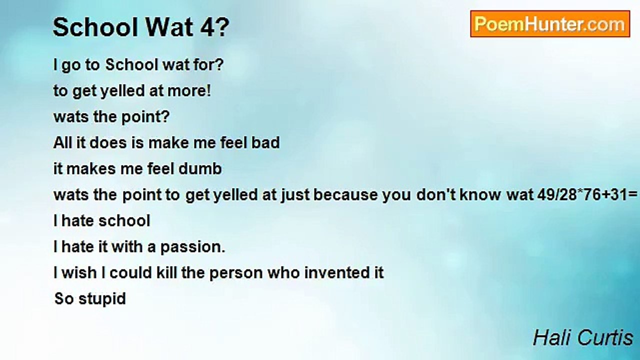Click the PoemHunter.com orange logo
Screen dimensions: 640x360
click(550, 24)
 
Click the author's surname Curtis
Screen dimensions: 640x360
click(605, 337)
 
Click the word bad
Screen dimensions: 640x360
click(265, 142)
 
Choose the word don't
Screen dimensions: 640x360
click(436, 194)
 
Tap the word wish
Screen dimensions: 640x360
click(79, 272)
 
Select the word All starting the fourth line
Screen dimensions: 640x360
click(62, 142)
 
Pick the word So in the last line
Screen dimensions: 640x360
click(64, 298)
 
